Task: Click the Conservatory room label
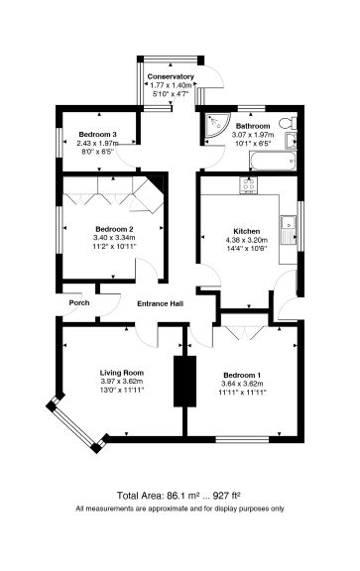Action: pos(171,76)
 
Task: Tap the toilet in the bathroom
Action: pos(287,124)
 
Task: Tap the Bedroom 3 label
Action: pos(96,134)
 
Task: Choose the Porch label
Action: pos(79,303)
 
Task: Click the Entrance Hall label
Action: pos(160,303)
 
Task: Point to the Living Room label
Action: pos(122,372)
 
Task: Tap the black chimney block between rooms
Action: pos(181,379)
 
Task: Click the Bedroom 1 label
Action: pos(243,373)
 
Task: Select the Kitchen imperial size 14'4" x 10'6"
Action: pos(246,249)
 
